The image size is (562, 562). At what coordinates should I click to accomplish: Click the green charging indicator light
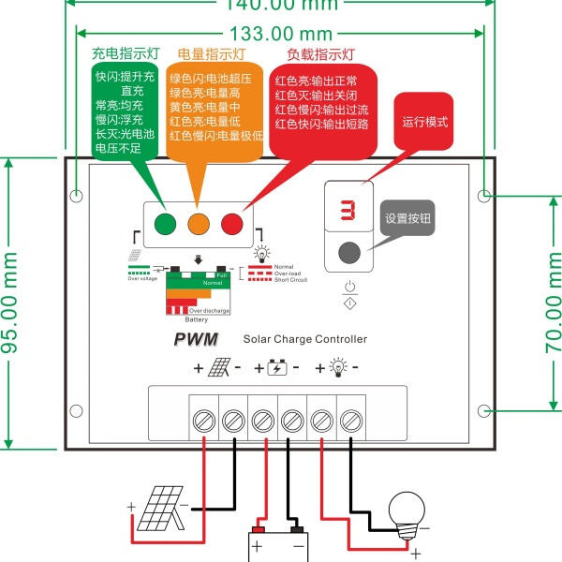click(x=165, y=223)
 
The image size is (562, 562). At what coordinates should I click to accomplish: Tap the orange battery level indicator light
click(x=198, y=223)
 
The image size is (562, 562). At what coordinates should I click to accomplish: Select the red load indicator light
click(x=230, y=223)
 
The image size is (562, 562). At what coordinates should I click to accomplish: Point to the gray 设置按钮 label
click(x=410, y=218)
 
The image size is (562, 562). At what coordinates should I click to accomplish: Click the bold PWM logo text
click(x=195, y=339)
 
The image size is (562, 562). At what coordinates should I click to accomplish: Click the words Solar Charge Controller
click(x=305, y=339)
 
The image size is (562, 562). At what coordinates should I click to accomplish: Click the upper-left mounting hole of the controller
click(x=77, y=197)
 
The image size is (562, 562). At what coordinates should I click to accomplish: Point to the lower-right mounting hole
click(x=483, y=411)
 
